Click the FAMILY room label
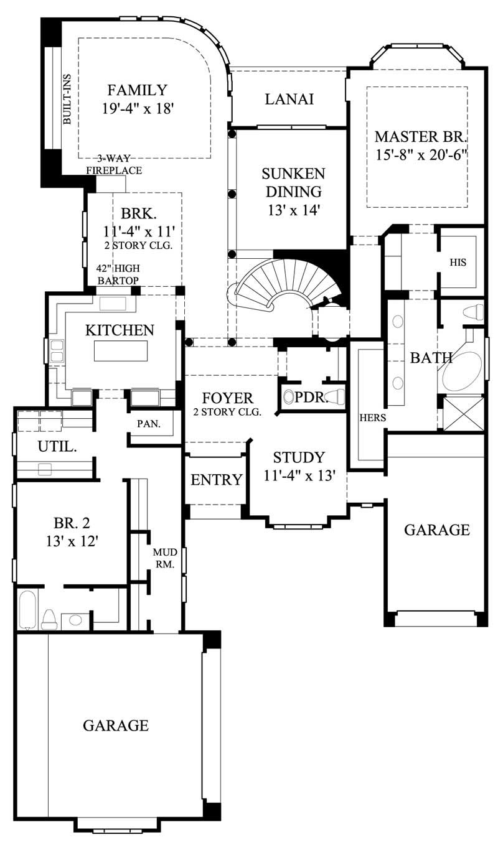[x=137, y=90]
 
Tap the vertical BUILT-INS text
[x=67, y=99]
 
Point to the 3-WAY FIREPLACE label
[x=114, y=165]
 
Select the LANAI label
[x=288, y=99]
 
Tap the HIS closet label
[x=458, y=263]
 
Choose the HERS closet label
[x=372, y=418]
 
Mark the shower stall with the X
[x=461, y=413]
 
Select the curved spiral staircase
[x=286, y=286]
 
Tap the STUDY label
[x=299, y=458]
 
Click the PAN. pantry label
[x=149, y=424]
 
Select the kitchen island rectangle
[x=121, y=351]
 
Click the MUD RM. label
[x=165, y=558]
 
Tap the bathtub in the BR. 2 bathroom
[x=27, y=609]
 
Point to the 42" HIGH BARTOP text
[x=118, y=274]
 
